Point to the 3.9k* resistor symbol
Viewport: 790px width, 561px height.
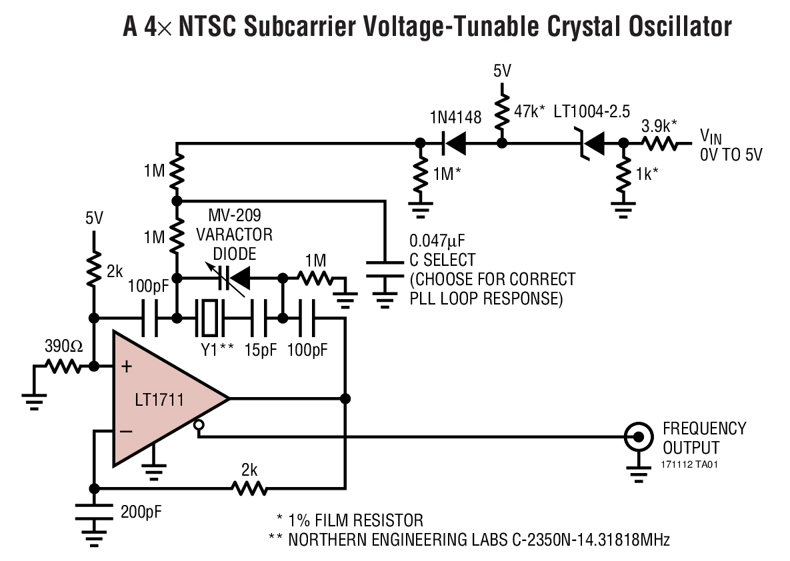659,142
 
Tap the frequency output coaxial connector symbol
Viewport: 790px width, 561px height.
638,437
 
